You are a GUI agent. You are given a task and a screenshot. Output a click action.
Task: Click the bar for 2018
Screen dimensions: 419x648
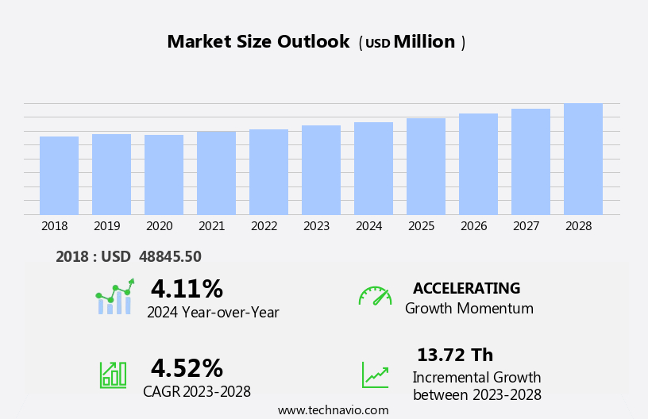point(59,175)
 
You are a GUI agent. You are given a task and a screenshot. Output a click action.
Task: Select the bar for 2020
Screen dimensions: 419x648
point(164,175)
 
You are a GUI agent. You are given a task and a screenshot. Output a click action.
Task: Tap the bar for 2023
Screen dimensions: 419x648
point(321,170)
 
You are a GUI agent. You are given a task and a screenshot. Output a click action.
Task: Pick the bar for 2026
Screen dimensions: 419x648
point(478,164)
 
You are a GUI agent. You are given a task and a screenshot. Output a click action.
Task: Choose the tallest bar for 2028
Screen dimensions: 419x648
point(583,159)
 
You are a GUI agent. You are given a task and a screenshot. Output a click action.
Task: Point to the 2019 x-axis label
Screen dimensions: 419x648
point(107,226)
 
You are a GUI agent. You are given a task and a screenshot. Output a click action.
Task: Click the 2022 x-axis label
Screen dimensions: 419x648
point(264,226)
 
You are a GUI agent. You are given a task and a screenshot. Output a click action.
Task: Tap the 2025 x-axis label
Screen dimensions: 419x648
point(422,226)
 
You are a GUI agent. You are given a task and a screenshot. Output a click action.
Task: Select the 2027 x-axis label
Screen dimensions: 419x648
point(526,226)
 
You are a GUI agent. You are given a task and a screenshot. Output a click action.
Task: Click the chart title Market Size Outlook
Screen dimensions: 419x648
point(258,42)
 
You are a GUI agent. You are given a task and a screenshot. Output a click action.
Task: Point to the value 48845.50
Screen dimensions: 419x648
point(170,256)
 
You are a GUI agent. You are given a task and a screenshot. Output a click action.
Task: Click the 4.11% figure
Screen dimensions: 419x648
point(187,289)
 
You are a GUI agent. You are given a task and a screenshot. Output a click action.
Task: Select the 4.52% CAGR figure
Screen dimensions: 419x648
point(187,368)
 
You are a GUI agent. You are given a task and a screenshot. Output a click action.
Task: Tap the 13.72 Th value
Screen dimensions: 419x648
point(455,355)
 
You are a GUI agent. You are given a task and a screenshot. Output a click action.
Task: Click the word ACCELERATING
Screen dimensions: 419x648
point(466,288)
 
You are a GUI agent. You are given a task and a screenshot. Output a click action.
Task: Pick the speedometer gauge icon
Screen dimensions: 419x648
point(375,296)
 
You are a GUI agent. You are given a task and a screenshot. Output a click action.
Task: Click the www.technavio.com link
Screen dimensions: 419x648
point(333,410)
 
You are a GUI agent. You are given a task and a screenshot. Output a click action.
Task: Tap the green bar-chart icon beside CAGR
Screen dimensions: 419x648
point(113,374)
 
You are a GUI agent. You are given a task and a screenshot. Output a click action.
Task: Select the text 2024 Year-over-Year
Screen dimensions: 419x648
point(213,313)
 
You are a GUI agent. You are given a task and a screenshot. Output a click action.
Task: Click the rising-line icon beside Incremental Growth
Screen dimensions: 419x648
point(375,375)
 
